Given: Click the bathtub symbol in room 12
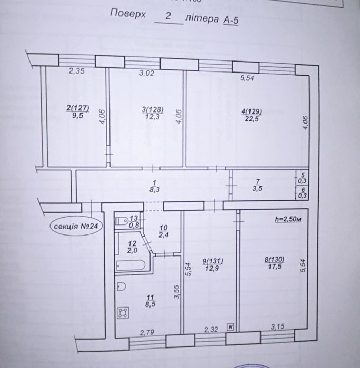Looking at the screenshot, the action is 131,265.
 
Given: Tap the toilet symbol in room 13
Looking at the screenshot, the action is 122,221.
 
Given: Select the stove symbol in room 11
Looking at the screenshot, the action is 123,313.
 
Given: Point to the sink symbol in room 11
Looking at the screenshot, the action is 121,287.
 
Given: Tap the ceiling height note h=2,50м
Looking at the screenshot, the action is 288,219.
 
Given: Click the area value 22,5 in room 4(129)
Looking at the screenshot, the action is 252,119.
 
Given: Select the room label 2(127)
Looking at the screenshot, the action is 78,108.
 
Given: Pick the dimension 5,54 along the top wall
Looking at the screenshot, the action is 247,78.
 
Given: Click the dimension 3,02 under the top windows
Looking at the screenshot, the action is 147,73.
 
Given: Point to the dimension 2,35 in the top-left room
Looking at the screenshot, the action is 77,71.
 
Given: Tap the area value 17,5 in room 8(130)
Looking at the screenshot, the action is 275,267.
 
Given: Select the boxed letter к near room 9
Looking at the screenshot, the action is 231,327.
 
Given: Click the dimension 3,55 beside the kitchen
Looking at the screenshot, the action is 177,292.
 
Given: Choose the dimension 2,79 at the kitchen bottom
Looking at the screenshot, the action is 147,332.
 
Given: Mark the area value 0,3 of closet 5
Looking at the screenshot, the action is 303,181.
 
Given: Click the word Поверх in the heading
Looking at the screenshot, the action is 128,13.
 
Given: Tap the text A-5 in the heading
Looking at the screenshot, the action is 231,20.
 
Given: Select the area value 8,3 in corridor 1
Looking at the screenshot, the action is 155,189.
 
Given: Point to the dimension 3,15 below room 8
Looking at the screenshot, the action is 277,326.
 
